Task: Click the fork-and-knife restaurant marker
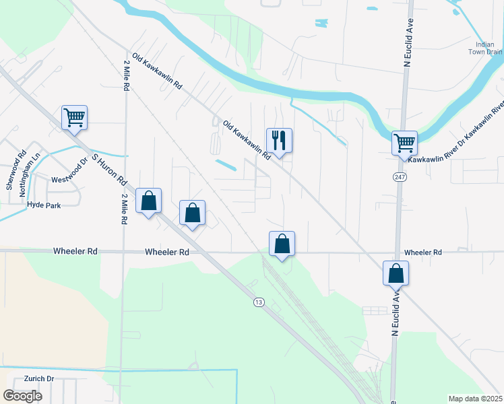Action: click(279, 141)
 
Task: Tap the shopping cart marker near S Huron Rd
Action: click(74, 118)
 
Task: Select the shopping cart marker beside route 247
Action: click(404, 143)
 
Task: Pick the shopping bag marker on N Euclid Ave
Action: click(396, 273)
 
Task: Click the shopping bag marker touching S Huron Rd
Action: click(148, 201)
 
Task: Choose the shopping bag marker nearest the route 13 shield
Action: click(282, 244)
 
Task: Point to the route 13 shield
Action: click(259, 302)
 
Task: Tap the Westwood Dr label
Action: click(70, 173)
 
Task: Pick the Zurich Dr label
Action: click(38, 379)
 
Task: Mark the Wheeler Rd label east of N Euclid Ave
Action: click(422, 252)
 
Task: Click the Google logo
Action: click(22, 396)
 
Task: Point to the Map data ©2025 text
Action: click(475, 399)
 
